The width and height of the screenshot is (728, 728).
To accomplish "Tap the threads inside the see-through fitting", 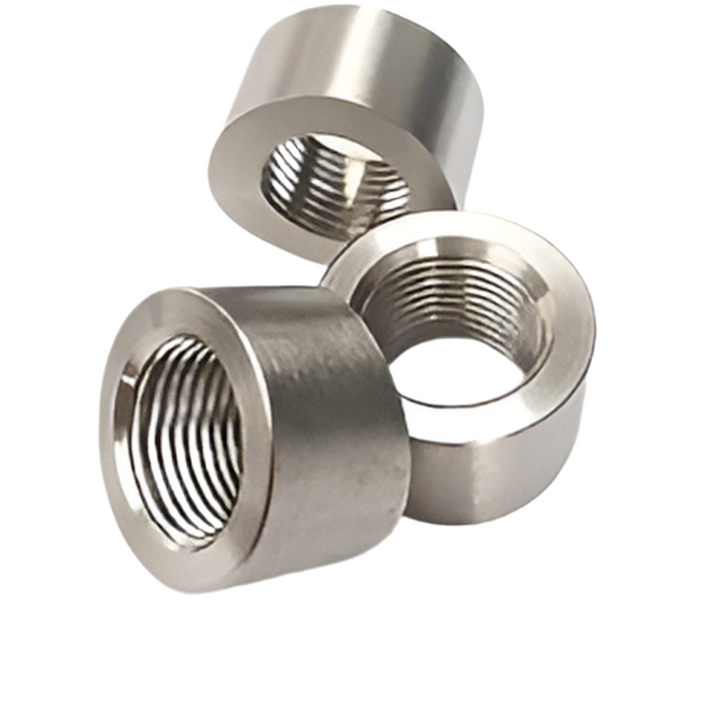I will click(x=446, y=304).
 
